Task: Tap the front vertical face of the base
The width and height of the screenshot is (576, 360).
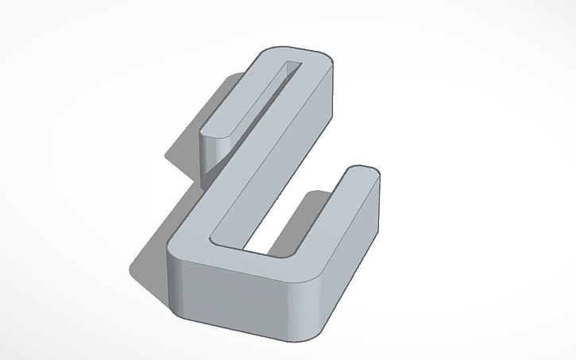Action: pos(238,298)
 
